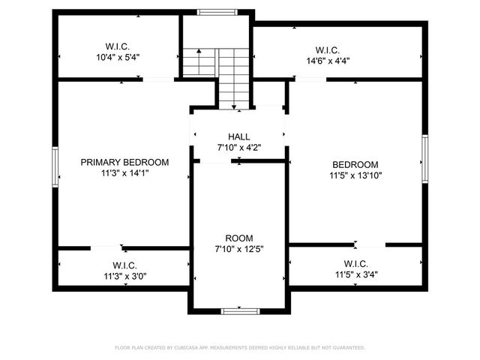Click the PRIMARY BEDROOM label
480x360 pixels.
tap(124, 162)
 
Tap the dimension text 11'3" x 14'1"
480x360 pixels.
tap(124, 173)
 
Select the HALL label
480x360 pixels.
tap(239, 136)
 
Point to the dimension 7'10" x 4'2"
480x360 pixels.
tap(239, 148)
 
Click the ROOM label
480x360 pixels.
tap(239, 237)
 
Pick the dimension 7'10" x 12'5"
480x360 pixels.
tap(239, 248)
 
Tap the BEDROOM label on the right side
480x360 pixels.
tap(355, 165)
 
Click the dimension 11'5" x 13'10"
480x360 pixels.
tap(355, 176)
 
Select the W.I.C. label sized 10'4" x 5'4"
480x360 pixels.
tap(118, 45)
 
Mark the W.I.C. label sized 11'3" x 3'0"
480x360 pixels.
tap(124, 265)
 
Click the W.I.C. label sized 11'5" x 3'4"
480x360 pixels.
tap(355, 264)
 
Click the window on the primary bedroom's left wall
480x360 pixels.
tap(55, 165)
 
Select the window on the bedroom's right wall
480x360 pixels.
tap(424, 158)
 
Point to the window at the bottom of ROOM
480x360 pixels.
tap(240, 310)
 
